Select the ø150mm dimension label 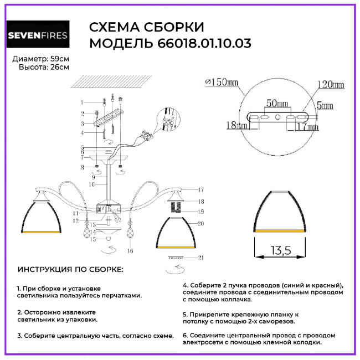pos(221,83)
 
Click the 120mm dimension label pos(330,85)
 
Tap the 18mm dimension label pos(236,126)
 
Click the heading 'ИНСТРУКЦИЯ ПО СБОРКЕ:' pos(71,269)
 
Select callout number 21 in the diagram pos(200,258)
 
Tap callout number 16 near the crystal pos(131,250)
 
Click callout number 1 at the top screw pos(81,102)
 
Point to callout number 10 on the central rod pos(91,183)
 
